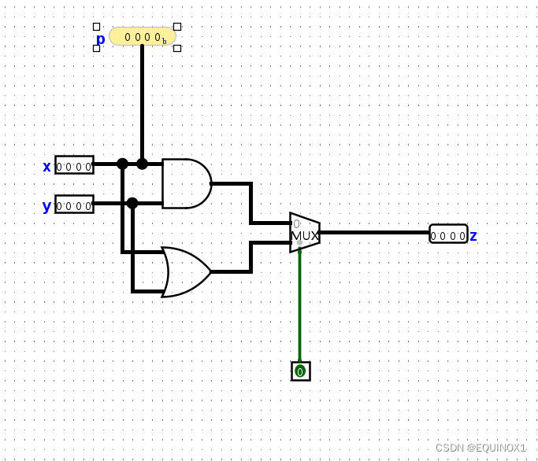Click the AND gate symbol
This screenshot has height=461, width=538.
point(186,183)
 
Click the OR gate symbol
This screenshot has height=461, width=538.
point(186,272)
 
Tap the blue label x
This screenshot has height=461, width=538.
point(46,166)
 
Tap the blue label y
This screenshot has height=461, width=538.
point(46,206)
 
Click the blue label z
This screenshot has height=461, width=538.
point(473,235)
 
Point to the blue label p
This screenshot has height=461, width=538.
point(100,39)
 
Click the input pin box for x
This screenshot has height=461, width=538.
point(74,165)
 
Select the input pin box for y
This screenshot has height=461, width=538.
point(74,205)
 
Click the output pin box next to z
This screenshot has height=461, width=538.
point(448,234)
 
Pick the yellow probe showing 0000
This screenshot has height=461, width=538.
point(143,36)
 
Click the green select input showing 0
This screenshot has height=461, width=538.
point(300,371)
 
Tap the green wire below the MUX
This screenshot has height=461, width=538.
point(299,307)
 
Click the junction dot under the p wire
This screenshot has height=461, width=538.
point(142,164)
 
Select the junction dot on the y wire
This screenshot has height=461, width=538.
point(132,203)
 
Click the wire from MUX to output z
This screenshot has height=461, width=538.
point(374,232)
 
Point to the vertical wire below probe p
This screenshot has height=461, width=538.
point(142,102)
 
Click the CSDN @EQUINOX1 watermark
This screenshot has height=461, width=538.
point(480,447)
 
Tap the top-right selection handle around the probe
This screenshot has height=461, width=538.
point(177,27)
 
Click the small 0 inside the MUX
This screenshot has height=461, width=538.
point(297,223)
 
